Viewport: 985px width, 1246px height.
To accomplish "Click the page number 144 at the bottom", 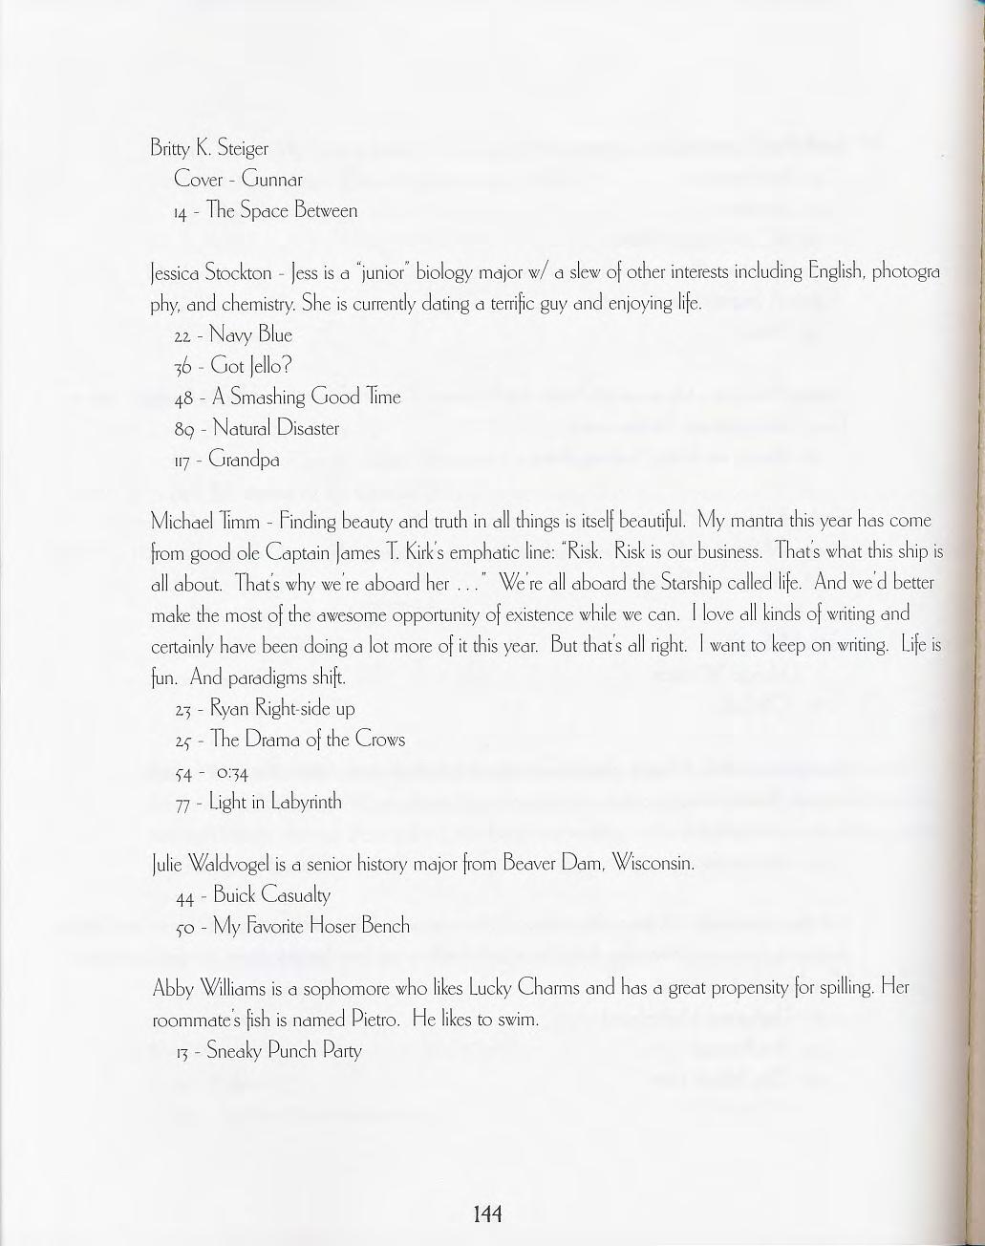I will [487, 1214].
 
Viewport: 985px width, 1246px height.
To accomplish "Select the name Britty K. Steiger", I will [209, 148].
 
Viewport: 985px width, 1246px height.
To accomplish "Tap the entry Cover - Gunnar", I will [238, 180].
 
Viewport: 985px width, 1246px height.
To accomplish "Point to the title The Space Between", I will [284, 211].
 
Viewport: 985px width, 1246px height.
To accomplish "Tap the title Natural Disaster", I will [275, 428].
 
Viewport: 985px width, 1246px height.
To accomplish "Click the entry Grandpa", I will [246, 460].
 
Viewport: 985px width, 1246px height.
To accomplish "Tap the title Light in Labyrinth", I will [274, 802].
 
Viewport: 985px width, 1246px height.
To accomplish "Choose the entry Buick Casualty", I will [271, 895].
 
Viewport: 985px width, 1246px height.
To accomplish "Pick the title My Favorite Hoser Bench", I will [310, 926].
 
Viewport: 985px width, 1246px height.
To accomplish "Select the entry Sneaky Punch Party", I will [284, 1051].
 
